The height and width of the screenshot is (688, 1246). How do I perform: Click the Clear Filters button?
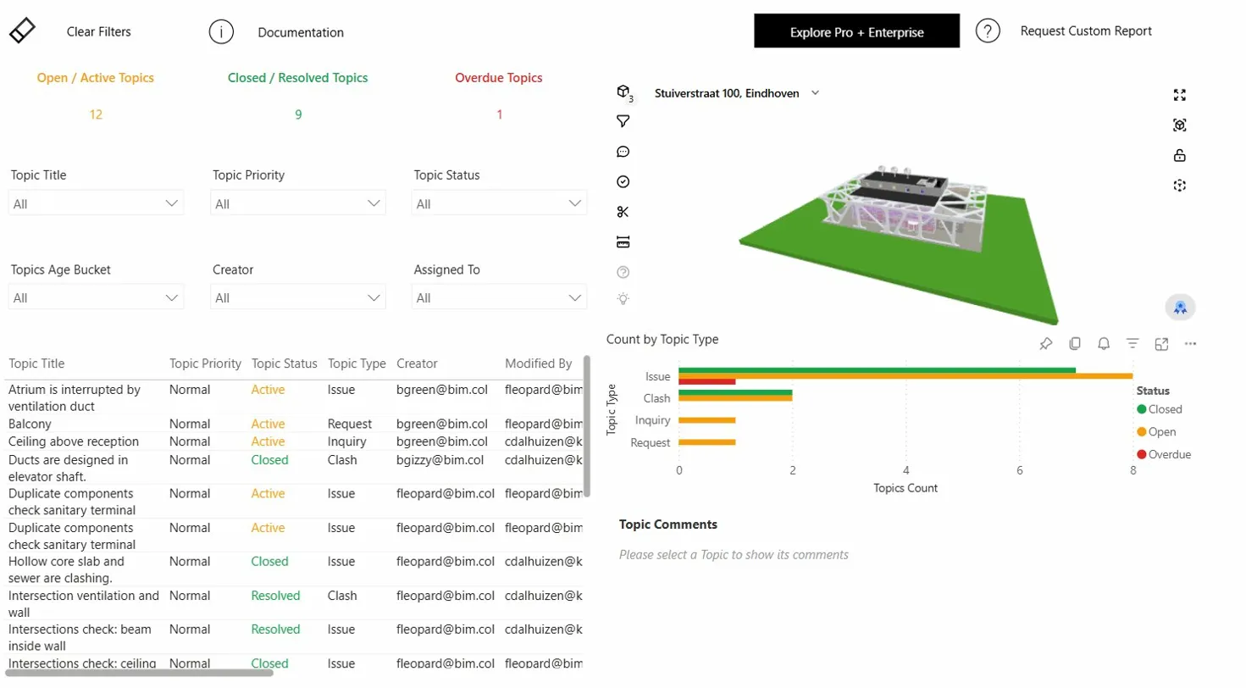tap(98, 32)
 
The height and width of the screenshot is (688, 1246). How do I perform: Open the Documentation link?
tap(300, 32)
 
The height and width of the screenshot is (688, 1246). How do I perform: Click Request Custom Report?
tap(1085, 31)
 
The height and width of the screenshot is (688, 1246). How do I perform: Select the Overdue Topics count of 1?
tap(499, 114)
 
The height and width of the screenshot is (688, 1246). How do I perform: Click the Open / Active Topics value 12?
tap(96, 114)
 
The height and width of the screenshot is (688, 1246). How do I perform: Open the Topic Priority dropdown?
tap(297, 203)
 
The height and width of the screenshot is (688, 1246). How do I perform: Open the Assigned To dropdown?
tap(499, 297)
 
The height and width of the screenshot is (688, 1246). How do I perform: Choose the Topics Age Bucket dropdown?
tap(96, 297)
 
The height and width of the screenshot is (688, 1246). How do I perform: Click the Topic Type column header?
tap(357, 363)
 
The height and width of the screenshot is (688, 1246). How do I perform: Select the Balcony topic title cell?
tap(30, 424)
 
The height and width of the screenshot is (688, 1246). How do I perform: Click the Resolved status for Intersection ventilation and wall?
tap(275, 596)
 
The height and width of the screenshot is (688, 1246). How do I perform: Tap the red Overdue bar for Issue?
tap(706, 381)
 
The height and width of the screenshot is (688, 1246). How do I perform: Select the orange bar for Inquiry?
tap(706, 420)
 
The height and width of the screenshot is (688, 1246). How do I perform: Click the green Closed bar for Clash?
tap(734, 392)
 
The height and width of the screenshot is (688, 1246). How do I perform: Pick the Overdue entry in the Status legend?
tap(1169, 454)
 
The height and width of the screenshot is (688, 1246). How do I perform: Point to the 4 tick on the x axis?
tap(905, 470)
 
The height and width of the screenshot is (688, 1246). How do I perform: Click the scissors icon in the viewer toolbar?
tap(623, 212)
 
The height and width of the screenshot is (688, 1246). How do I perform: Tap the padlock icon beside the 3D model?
tap(1179, 155)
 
